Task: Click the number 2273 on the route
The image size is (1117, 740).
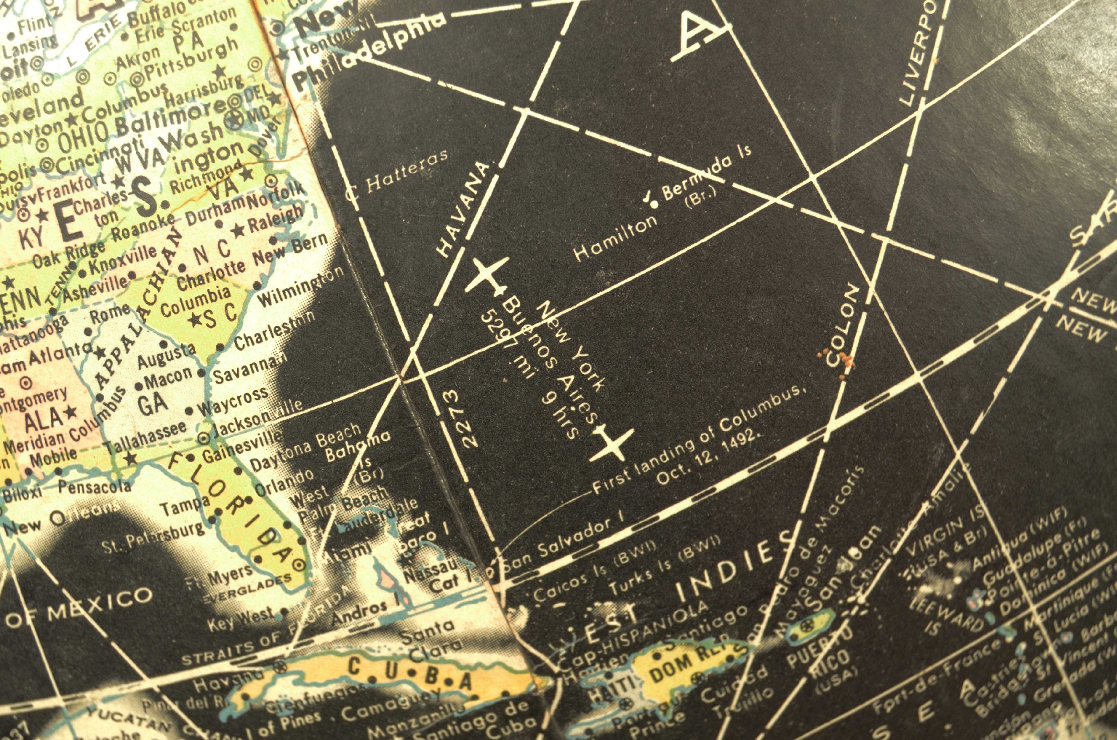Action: coord(460,418)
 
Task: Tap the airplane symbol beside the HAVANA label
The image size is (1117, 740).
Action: coord(486,274)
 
